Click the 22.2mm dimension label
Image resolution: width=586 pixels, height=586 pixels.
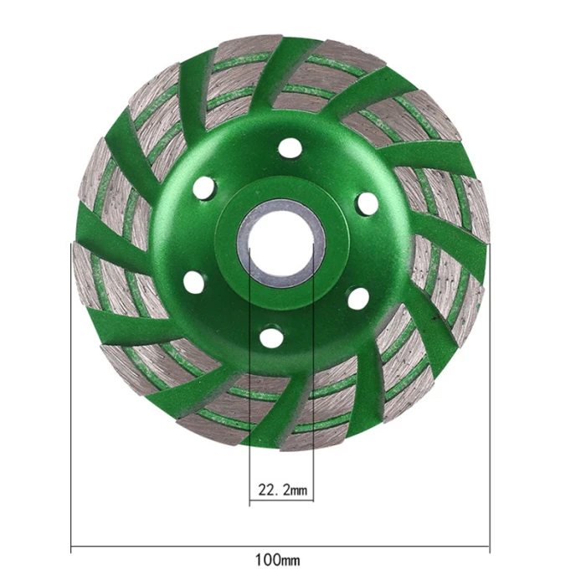click(x=283, y=489)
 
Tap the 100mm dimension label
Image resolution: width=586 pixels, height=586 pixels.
click(x=277, y=560)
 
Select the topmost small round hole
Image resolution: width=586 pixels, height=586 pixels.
click(x=290, y=149)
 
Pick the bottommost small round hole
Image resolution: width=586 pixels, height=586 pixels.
click(x=270, y=337)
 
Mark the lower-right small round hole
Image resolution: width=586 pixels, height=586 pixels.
click(x=357, y=299)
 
